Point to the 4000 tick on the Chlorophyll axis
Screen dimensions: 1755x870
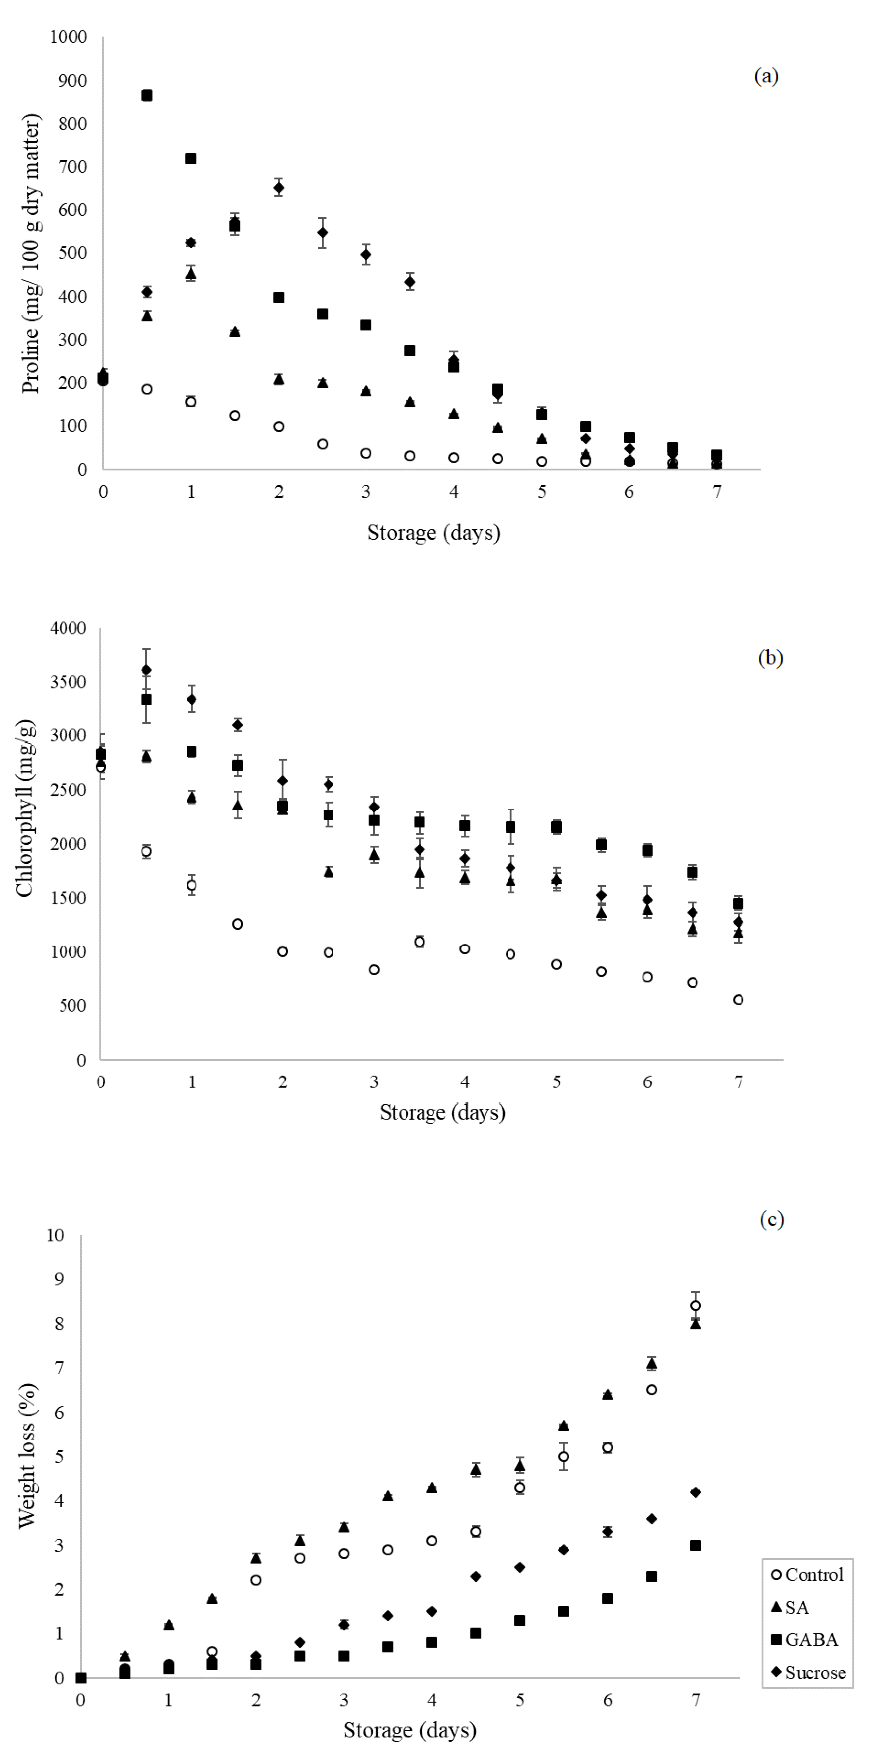[x=68, y=628]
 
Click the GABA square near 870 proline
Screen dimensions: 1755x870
[x=147, y=95]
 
